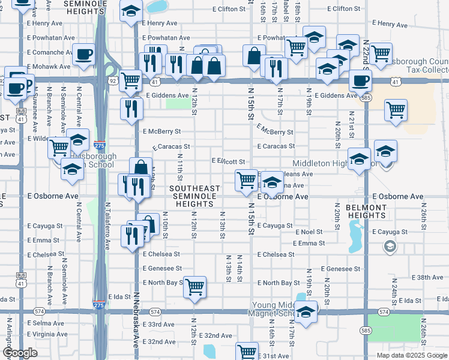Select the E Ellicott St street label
pyautogui.click(x=229, y=161)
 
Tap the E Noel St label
pyautogui.click(x=308, y=232)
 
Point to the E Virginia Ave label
pyautogui.click(x=47, y=334)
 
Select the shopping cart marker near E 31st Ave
pyautogui.click(x=247, y=351)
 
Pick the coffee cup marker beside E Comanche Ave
pyautogui.click(x=83, y=55)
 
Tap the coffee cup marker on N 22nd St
pyautogui.click(x=360, y=80)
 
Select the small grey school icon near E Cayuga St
pyautogui.click(x=390, y=246)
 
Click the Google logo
pyautogui.click(x=20, y=353)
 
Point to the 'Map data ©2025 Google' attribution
pyautogui.click(x=412, y=355)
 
